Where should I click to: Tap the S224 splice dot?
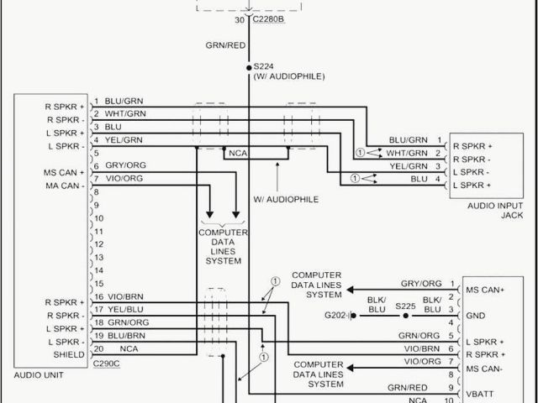249,66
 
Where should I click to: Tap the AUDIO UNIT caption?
40,374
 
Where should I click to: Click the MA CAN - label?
65,185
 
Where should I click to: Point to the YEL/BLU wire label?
126,309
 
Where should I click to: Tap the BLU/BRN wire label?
126,335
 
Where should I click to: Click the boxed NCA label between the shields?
235,154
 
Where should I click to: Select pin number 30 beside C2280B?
240,19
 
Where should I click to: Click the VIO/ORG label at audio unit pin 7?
124,178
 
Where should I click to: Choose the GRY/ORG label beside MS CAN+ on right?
420,284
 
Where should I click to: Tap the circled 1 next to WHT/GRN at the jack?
360,153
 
